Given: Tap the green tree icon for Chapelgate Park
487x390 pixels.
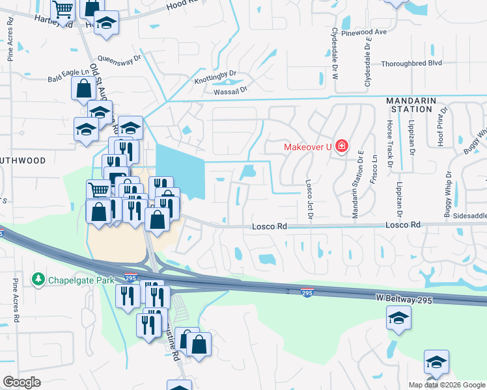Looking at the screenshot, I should coord(38,279).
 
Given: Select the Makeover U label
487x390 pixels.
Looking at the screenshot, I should coord(307,147).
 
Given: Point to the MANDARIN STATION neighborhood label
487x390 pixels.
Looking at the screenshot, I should coord(418,105).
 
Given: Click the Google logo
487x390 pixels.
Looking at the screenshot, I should coord(22,382).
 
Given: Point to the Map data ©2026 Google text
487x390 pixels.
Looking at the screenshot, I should coord(446,385).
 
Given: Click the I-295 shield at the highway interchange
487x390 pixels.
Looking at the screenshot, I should coord(130,276).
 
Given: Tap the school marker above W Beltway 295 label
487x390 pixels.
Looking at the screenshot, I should coord(398,318).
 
